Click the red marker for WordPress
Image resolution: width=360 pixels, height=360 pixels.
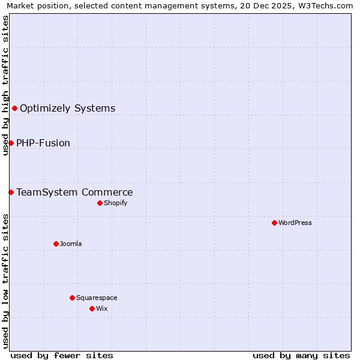click(274, 223)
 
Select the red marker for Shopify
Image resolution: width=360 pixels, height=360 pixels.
click(100, 203)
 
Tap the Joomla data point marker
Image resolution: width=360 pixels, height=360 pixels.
click(56, 244)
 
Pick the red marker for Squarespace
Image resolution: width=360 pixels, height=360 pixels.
click(72, 298)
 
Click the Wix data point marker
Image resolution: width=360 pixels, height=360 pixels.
click(92, 308)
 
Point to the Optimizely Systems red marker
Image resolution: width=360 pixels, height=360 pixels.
click(14, 108)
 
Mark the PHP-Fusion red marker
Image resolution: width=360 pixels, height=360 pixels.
click(11, 143)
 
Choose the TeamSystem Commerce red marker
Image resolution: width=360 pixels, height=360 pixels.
click(11, 192)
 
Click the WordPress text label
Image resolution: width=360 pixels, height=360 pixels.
click(295, 223)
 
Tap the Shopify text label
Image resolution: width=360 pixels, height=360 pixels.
click(115, 203)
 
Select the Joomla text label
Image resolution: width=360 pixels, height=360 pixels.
click(71, 244)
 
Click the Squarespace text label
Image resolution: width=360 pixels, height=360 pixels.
click(97, 298)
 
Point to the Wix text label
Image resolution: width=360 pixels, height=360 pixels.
click(102, 308)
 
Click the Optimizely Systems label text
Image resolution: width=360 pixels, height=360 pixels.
click(67, 108)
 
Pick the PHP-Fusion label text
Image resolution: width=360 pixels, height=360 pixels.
click(43, 143)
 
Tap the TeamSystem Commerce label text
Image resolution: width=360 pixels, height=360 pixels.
click(74, 192)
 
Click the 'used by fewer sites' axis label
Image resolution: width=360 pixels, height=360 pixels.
click(62, 355)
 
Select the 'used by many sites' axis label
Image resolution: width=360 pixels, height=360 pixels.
click(301, 355)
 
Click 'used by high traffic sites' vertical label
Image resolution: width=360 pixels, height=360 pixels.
click(5, 85)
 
